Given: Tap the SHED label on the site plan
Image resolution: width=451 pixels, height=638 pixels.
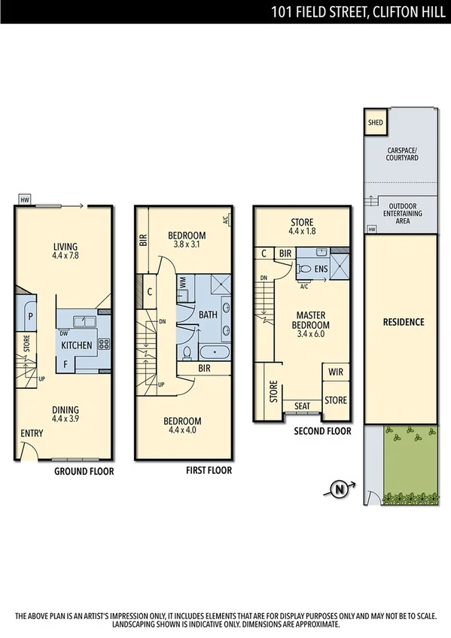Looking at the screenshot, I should click(x=374, y=123).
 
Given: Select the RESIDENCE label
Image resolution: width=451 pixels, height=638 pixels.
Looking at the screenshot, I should click(x=403, y=322).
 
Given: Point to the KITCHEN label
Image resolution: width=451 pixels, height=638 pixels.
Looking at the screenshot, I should click(x=77, y=345).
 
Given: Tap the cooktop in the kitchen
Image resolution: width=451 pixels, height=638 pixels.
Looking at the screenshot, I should click(x=104, y=345).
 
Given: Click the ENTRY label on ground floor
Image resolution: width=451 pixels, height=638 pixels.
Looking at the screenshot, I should click(x=32, y=433).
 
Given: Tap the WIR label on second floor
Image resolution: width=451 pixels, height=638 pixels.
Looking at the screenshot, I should click(x=335, y=371).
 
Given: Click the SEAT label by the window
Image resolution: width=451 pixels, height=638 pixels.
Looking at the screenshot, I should click(x=302, y=406).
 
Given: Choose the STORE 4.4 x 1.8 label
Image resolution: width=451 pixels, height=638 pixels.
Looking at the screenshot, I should click(x=301, y=227).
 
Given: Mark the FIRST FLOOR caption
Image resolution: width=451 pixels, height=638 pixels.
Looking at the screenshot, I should click(x=209, y=470).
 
